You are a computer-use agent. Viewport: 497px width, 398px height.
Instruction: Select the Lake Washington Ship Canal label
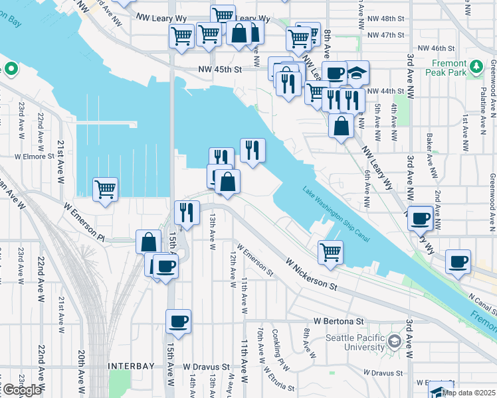[336, 214]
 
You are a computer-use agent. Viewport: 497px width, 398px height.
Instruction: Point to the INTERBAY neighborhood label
[131, 365]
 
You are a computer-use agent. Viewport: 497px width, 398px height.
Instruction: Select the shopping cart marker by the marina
[105, 190]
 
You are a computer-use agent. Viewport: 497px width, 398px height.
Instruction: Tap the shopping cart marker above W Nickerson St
[330, 251]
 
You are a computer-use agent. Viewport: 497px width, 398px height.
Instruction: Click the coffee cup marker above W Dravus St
[177, 322]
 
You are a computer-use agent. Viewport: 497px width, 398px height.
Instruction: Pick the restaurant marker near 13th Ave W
[187, 212]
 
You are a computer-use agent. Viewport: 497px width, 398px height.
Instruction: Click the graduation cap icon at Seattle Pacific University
[394, 342]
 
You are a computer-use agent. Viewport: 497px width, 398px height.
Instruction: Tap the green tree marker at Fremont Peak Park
[476, 67]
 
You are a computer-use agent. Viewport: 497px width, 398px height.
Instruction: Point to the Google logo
[21, 390]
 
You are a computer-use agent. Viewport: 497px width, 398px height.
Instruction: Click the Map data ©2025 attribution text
[469, 393]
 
